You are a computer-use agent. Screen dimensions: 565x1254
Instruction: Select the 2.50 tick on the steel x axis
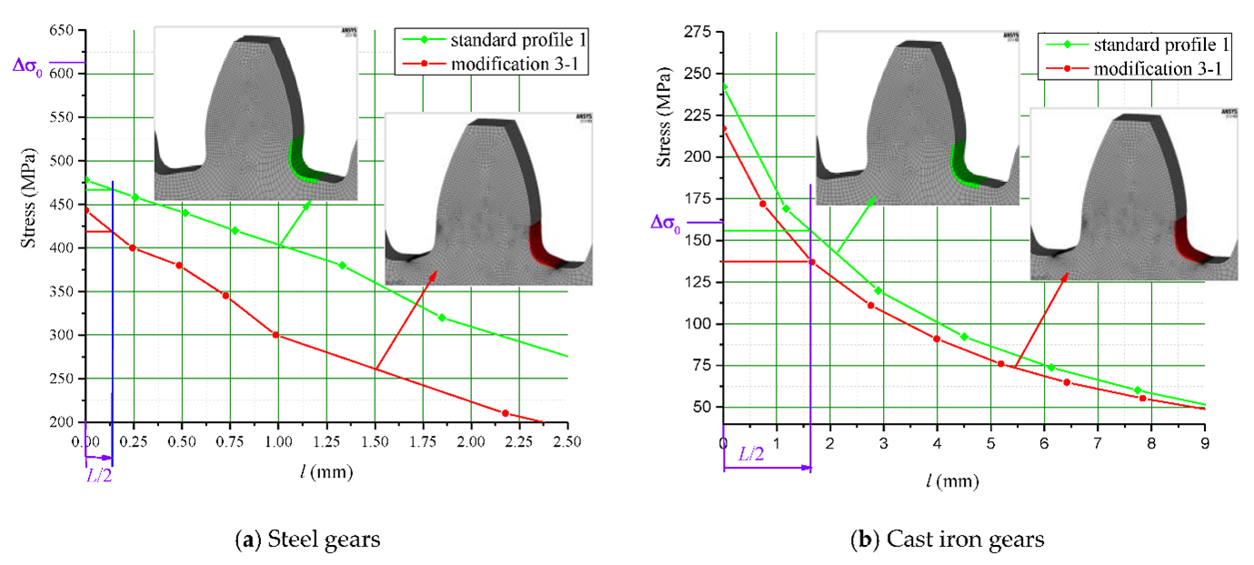click(567, 440)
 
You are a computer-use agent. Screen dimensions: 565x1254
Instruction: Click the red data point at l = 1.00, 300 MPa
click(276, 335)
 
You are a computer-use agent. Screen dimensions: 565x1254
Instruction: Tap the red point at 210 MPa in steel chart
click(506, 413)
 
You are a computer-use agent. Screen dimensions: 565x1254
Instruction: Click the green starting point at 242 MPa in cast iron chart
click(724, 87)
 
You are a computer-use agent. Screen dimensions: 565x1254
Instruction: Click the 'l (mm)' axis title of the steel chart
click(326, 472)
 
